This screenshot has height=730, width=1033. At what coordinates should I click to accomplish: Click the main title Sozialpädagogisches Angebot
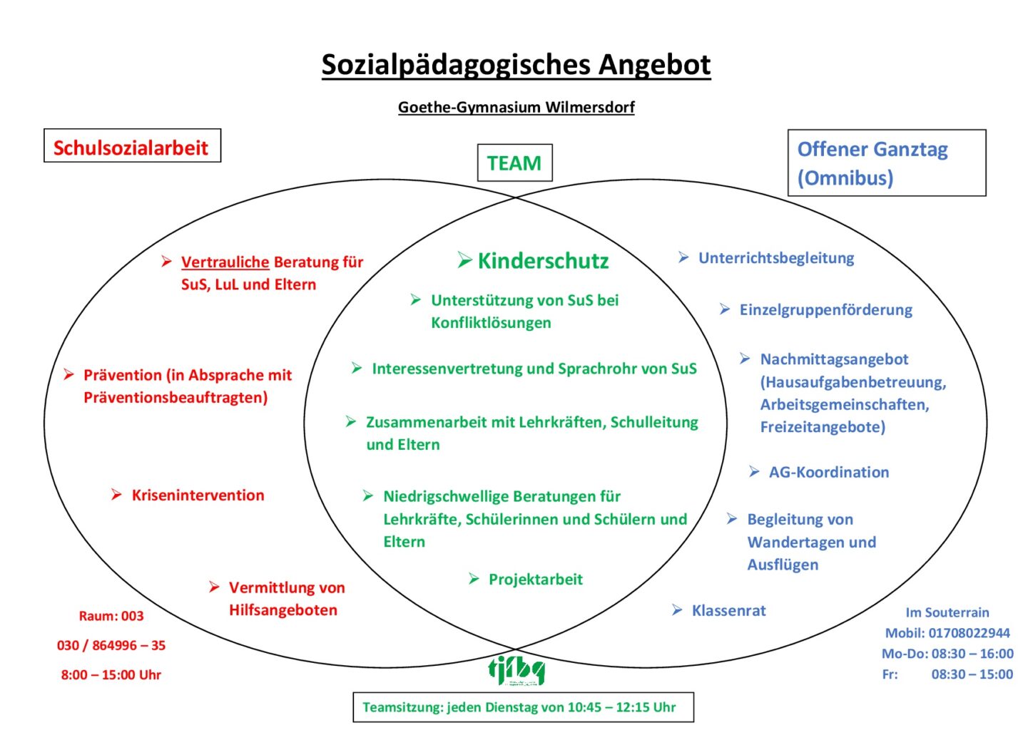516,65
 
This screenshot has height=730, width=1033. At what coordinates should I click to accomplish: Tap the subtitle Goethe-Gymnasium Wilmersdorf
516,108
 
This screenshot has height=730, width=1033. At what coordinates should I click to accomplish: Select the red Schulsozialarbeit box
132,146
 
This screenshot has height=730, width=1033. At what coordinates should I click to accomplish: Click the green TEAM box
514,163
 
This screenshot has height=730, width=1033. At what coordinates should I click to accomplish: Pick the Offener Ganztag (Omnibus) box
886,163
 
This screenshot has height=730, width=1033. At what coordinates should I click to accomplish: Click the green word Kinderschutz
543,261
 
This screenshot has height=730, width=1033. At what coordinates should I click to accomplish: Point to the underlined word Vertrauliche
225,262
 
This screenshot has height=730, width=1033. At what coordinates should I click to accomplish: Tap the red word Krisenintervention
198,495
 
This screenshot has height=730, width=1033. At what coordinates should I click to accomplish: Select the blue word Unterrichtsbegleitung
776,258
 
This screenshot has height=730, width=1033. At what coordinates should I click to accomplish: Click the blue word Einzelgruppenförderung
825,310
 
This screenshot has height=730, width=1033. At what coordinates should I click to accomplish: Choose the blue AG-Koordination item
829,472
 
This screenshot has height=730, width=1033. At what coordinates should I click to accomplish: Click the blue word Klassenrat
728,611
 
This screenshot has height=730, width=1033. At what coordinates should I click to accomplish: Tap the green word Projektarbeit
535,580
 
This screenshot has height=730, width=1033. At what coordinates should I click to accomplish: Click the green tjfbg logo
516,670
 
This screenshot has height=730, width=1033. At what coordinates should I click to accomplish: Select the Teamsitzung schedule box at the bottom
523,707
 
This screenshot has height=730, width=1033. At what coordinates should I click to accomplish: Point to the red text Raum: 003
111,616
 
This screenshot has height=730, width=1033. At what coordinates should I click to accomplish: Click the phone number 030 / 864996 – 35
111,645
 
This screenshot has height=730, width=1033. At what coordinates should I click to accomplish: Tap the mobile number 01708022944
969,633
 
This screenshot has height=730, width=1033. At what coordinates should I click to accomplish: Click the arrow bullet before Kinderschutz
464,261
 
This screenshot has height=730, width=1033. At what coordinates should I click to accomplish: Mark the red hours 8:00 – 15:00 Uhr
111,674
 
